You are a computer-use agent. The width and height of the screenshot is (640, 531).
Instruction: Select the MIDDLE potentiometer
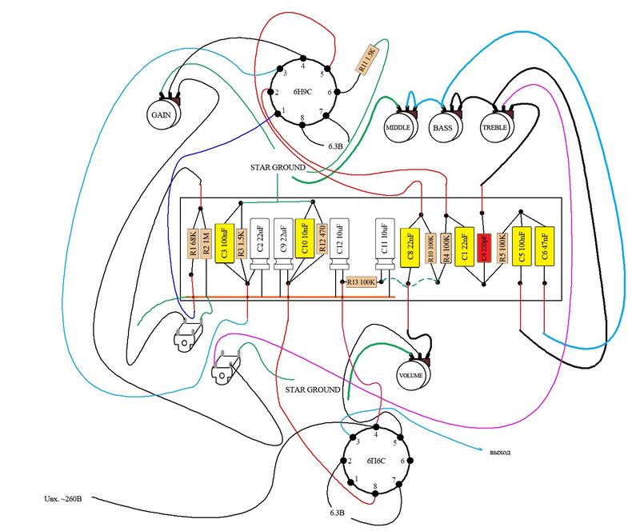[x=398, y=127]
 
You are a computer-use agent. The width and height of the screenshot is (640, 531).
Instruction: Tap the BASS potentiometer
[x=442, y=127]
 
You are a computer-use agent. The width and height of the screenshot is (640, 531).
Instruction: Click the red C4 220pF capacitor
[x=482, y=249]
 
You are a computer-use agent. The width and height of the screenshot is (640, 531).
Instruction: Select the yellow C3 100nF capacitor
[x=222, y=241]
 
